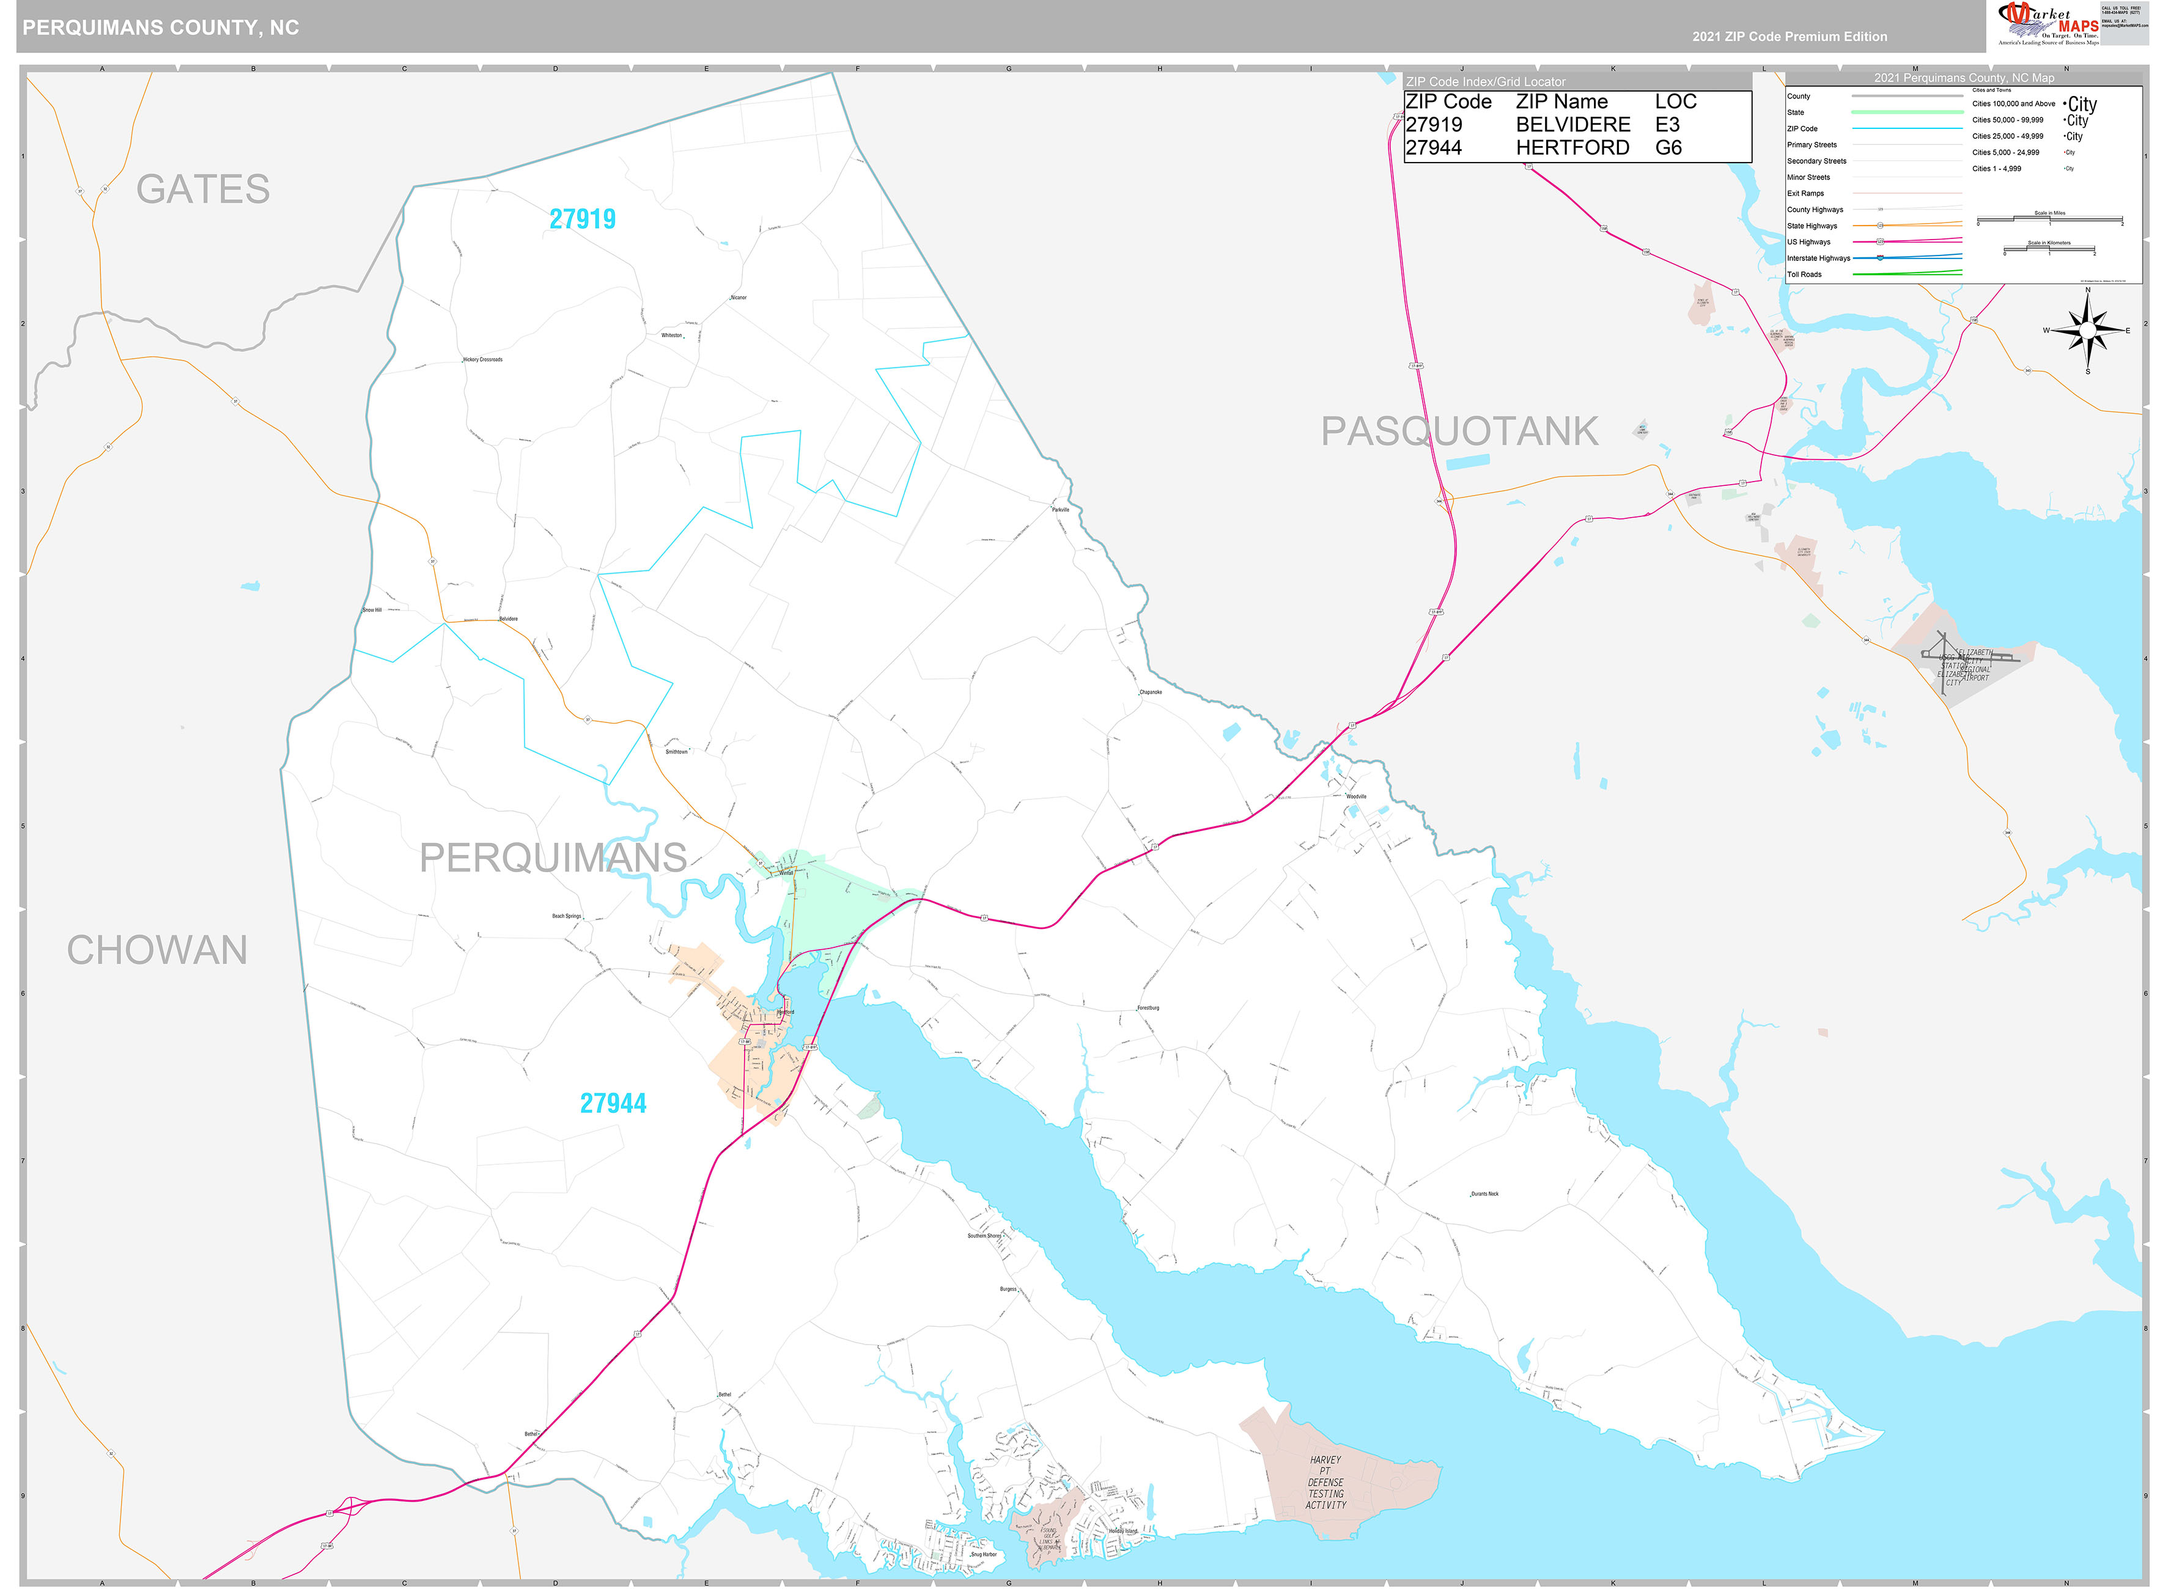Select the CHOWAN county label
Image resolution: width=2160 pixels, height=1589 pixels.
(x=157, y=950)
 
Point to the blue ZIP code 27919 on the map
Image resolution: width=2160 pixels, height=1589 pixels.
(x=582, y=219)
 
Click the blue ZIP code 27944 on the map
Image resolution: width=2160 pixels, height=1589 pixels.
(x=613, y=1103)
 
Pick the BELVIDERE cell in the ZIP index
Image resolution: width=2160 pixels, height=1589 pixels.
(x=1572, y=125)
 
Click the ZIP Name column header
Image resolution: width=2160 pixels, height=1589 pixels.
(x=1561, y=102)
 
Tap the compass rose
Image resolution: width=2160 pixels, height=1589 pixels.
(x=2086, y=331)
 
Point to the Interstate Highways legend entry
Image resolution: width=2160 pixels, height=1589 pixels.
(x=1818, y=259)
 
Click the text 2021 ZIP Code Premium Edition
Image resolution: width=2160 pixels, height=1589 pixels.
(x=1789, y=37)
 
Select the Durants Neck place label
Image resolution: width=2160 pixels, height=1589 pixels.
(x=1484, y=1194)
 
